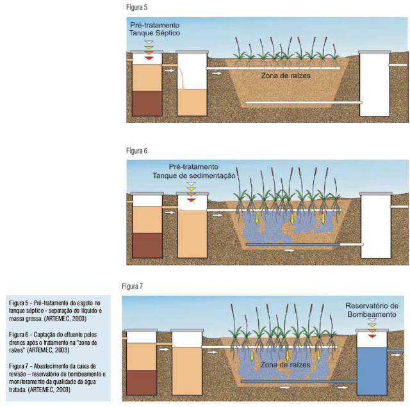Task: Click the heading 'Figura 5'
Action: (138, 10)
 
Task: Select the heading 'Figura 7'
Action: (135, 285)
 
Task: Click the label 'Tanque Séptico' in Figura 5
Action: (156, 32)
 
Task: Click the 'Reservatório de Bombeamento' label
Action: (372, 310)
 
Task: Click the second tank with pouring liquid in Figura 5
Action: (190, 90)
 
